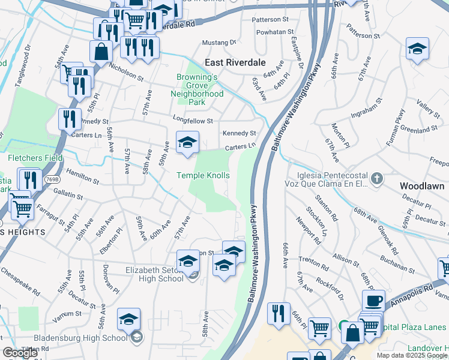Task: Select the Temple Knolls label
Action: coord(203,175)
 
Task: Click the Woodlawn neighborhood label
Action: coord(422,186)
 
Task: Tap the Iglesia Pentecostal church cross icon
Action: coord(376,178)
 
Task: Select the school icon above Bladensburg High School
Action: coord(128,319)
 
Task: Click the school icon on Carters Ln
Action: coord(187,142)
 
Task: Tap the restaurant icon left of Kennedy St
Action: coord(70,118)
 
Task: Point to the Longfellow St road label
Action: coord(193,121)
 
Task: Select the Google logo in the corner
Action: coord(20,353)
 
